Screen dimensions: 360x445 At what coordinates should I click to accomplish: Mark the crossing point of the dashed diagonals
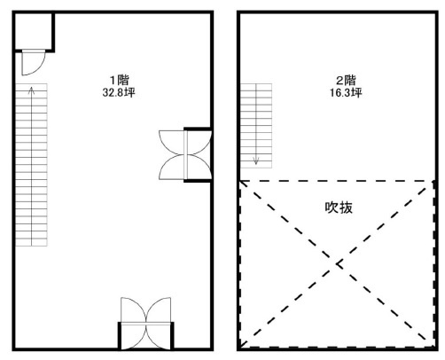337,263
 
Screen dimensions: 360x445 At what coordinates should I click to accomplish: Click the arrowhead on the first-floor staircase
32,89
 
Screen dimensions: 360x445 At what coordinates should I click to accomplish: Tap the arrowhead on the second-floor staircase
256,161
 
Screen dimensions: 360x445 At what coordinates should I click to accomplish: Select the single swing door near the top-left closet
30,64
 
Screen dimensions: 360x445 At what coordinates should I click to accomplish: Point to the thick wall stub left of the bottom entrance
120,336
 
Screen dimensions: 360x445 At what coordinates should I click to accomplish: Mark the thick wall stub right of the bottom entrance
171,336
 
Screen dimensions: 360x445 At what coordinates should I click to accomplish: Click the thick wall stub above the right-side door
197,129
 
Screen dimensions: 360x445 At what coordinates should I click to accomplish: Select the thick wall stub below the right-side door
197,180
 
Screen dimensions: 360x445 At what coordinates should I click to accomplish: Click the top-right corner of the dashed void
433,181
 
